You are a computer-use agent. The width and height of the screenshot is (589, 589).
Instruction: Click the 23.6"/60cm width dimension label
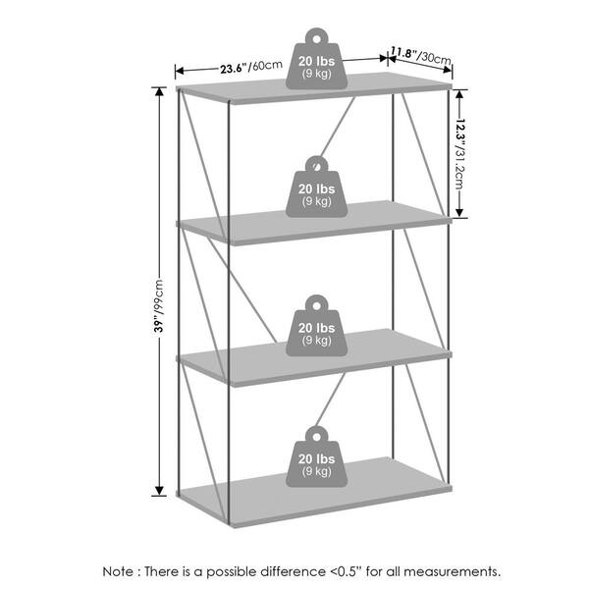coord(251,67)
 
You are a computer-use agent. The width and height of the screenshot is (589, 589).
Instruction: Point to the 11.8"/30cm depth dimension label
coord(421,55)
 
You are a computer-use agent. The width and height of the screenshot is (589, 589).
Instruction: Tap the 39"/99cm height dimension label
coord(159,305)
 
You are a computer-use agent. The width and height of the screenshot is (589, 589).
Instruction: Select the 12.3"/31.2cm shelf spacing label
coord(460,154)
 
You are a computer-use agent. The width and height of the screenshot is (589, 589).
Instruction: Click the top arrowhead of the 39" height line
coord(159,92)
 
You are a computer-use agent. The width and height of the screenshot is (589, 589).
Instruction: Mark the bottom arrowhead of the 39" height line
coord(159,491)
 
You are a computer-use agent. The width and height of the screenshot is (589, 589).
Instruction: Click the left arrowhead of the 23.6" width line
coord(180,71)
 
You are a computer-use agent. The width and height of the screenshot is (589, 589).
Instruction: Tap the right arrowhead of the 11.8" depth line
coord(448,70)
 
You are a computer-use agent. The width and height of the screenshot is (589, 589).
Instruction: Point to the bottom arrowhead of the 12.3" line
coord(459,212)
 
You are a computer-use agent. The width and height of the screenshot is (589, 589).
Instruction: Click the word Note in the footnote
coord(118,571)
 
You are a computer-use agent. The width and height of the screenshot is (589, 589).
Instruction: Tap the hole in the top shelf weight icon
coord(317,39)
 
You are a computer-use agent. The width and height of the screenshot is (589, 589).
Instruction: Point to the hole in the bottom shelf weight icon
coord(317,437)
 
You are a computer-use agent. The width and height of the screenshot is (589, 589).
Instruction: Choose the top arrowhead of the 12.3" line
coord(459,94)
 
